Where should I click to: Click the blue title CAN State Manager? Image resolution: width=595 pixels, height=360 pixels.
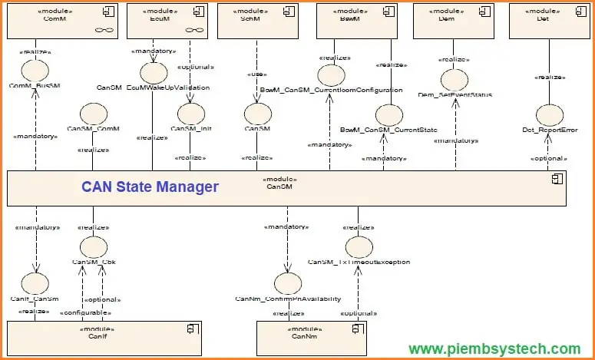click(x=150, y=187)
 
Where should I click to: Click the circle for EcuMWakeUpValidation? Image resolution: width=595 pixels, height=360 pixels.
click(x=154, y=73)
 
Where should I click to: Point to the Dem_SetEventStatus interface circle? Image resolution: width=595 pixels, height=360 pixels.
click(x=455, y=80)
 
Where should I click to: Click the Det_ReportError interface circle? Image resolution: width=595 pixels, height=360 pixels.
click(x=550, y=115)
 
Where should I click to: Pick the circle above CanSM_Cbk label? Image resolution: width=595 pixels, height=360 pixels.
click(x=94, y=247)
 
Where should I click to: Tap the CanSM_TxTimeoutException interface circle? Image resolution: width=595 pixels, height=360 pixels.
click(x=359, y=247)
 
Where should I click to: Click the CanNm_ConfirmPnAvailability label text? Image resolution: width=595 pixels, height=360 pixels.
click(x=289, y=299)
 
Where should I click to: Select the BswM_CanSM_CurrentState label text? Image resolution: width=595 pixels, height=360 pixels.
click(x=388, y=130)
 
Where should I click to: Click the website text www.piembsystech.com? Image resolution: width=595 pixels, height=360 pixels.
click(x=494, y=348)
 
